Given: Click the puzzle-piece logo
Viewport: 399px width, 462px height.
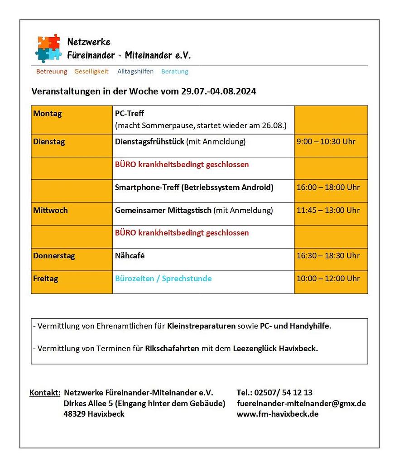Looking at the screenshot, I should coord(48,48).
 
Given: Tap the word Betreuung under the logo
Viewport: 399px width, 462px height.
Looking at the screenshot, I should coord(52,72).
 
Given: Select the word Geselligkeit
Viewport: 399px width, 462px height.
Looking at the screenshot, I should coord(91,72).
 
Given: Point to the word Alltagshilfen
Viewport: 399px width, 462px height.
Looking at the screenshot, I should coord(135,72).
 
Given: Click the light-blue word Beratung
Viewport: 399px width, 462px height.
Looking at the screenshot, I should coord(175,72).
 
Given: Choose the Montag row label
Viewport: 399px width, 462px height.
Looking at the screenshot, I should coord(48,114).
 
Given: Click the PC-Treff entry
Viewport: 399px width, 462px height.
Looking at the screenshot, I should coord(130,114).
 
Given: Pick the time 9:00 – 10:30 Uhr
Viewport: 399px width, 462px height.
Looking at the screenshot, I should coord(326,142).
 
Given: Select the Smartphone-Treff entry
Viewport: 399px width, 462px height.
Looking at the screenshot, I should coord(194,188).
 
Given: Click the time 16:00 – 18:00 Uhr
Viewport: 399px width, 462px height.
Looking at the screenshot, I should coord(328,188).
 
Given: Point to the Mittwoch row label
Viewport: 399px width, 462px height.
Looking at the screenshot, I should coord(50,210).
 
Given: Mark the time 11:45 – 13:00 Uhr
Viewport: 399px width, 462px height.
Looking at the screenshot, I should coord(328,210).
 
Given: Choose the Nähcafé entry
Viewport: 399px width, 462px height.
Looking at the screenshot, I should coord(130,256).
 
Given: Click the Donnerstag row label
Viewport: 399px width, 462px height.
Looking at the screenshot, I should coord(54,256).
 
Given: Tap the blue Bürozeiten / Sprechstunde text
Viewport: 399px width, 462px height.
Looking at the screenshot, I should coord(163,279).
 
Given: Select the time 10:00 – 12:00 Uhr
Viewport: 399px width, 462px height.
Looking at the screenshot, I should coord(328,279).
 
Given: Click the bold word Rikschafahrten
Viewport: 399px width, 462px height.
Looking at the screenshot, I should coord(172,349).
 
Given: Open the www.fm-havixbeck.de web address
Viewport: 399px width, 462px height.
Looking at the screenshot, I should coord(278,414).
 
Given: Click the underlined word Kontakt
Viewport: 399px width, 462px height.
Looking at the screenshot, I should coord(45,392).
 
